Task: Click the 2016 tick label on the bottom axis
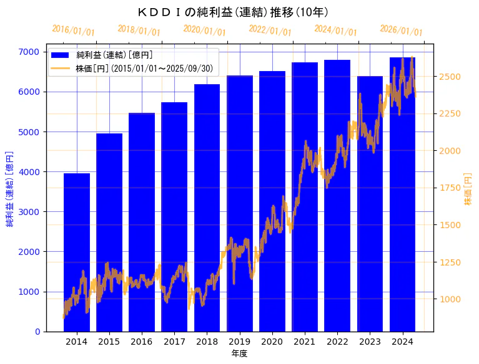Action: point(142,342)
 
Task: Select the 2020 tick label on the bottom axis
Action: point(272,342)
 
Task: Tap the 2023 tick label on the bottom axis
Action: point(370,342)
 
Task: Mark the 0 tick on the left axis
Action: point(38,332)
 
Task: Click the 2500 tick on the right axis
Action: point(450,77)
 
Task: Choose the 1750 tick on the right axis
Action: point(450,188)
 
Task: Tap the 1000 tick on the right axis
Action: point(450,299)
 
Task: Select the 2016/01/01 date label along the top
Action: point(74,31)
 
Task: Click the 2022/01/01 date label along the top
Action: point(270,31)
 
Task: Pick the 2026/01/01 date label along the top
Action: point(401,31)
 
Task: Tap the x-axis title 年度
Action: point(239,353)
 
